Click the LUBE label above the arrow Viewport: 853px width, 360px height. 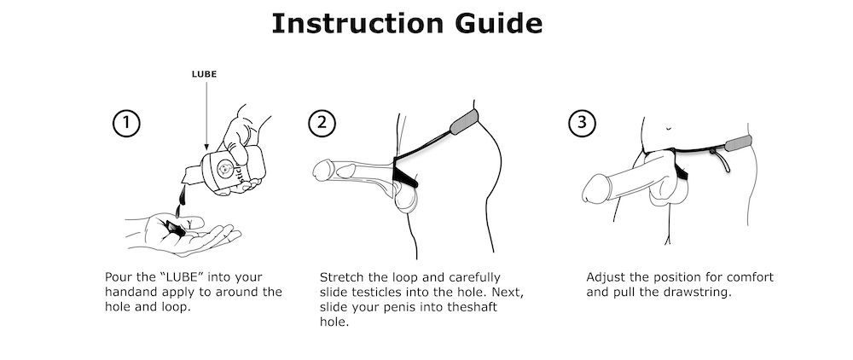point(204,74)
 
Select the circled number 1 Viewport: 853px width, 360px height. point(126,124)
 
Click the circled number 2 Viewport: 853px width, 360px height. point(322,124)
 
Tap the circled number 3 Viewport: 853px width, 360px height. point(583,124)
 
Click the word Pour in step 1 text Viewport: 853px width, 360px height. point(118,277)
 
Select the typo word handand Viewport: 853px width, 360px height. point(128,292)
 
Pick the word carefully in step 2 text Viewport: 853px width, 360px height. point(473,278)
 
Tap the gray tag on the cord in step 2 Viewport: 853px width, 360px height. point(465,122)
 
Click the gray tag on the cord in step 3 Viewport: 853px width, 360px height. point(739,143)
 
